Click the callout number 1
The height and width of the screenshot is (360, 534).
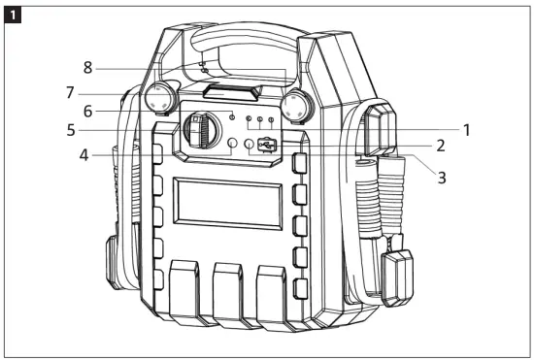pyautogui.click(x=466, y=127)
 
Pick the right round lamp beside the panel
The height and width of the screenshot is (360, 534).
pyautogui.click(x=293, y=105)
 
